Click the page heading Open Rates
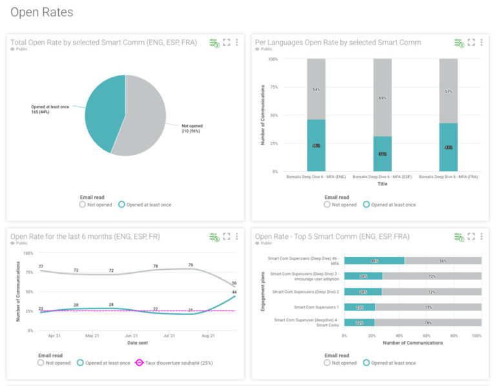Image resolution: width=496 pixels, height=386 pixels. pyautogui.click(x=42, y=12)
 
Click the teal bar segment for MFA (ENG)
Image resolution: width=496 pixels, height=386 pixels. pyautogui.click(x=316, y=146)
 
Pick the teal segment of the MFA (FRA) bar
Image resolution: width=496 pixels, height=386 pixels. pyautogui.click(x=448, y=148)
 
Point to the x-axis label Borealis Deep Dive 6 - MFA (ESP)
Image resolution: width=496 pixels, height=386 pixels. pyautogui.click(x=382, y=177)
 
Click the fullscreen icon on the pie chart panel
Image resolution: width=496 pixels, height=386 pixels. pyautogui.click(x=226, y=43)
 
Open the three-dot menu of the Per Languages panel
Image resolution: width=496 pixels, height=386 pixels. pyautogui.click(x=482, y=43)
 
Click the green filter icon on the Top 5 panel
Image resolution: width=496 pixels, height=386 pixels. pyautogui.click(x=459, y=237)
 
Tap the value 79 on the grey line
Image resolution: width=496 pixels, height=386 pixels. pyautogui.click(x=190, y=265)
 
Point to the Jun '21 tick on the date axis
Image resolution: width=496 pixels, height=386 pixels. pyautogui.click(x=131, y=336)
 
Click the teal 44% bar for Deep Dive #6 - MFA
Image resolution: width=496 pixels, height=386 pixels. pyautogui.click(x=374, y=261)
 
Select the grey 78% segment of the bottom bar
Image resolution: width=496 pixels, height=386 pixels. pyautogui.click(x=428, y=323)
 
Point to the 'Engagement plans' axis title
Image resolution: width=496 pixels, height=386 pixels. pyautogui.click(x=263, y=291)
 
